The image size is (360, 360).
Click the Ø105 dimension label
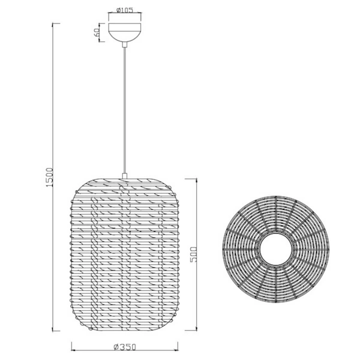[x=125, y=10]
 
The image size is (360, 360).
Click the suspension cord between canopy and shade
[x=125, y=108]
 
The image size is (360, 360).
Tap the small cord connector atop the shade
[x=125, y=176]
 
